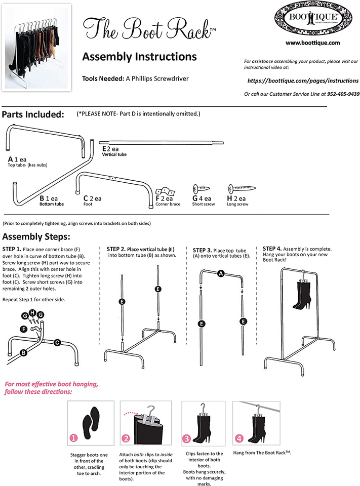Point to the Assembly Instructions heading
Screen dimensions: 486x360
coord(139,56)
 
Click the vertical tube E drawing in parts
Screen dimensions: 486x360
coord(161,142)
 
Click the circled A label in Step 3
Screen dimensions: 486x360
coord(221,274)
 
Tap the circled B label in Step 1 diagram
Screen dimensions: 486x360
coord(23,351)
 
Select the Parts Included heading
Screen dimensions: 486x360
coord(33,114)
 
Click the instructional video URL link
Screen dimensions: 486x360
coord(303,80)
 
